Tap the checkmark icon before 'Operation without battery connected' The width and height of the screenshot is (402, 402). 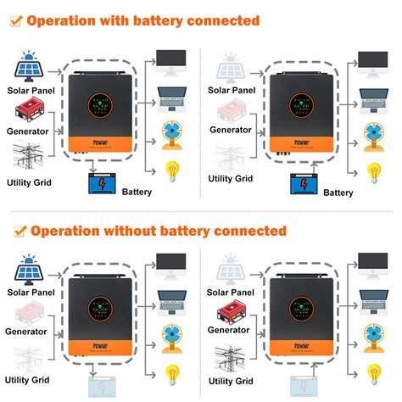(18, 230)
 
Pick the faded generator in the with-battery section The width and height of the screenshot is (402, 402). (234, 110)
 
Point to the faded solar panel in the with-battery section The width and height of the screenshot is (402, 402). (234, 68)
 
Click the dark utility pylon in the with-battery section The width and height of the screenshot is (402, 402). (32, 158)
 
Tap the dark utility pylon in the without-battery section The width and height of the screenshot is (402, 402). (234, 356)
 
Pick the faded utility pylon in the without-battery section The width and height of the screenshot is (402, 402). (32, 357)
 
